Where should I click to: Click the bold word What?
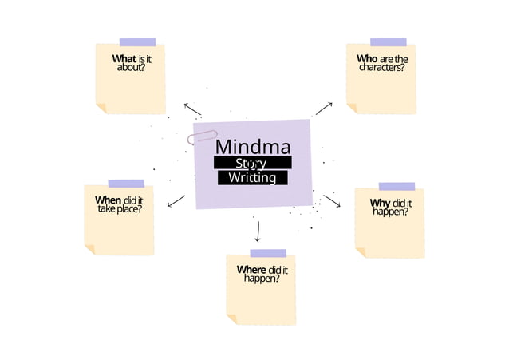coord(124,59)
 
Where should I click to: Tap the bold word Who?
coord(367,59)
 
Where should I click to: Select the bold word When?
coord(108,200)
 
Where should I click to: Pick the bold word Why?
coord(380,203)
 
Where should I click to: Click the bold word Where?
coord(251,270)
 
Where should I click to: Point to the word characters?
coord(381,68)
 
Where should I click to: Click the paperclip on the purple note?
coord(202,137)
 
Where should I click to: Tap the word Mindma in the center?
coord(252,147)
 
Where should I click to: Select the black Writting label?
coord(252,178)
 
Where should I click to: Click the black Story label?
coord(252,163)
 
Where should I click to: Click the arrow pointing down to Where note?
coord(257,231)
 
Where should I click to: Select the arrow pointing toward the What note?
coord(192,109)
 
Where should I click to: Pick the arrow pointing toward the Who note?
coord(324,108)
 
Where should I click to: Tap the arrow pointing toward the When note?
coord(176,201)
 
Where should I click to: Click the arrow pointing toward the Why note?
coord(332,201)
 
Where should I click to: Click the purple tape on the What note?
coord(137,42)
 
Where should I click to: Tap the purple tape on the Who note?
coord(388,42)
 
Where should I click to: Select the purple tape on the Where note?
coord(267,253)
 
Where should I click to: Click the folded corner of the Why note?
coord(361,252)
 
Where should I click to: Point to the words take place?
coord(120,208)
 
